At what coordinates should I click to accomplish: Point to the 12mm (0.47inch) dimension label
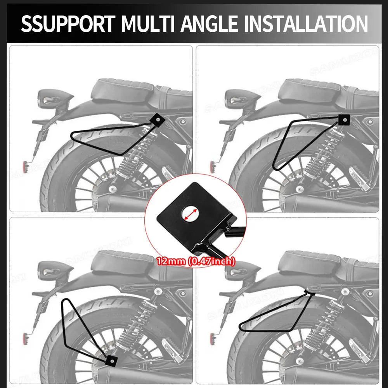(x=196, y=261)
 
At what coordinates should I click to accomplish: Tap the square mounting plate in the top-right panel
(x=344, y=120)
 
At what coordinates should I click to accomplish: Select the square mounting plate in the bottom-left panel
(x=112, y=360)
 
